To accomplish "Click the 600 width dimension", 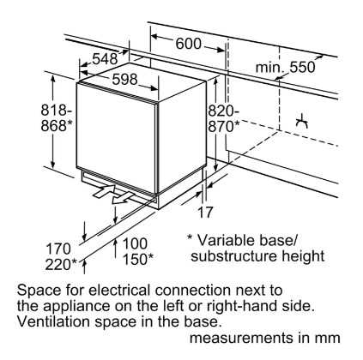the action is (188, 44).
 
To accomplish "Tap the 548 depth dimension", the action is (105, 59).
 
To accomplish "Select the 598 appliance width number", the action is (124, 79).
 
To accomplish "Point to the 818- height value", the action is (57, 111).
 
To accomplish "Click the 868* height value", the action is (57, 125).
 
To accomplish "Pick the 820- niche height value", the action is (223, 111).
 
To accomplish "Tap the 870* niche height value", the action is (224, 126).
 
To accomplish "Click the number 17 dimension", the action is (206, 213).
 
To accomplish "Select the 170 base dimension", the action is (58, 249).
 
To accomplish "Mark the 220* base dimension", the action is (61, 264).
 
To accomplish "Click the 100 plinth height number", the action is (135, 243).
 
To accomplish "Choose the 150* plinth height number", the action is (138, 259).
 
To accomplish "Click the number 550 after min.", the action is (302, 68).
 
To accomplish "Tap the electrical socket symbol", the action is (302, 121).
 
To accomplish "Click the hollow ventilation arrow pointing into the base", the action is (105, 191).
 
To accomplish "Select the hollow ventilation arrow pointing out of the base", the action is (123, 198).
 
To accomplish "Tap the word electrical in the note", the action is (119, 291).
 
